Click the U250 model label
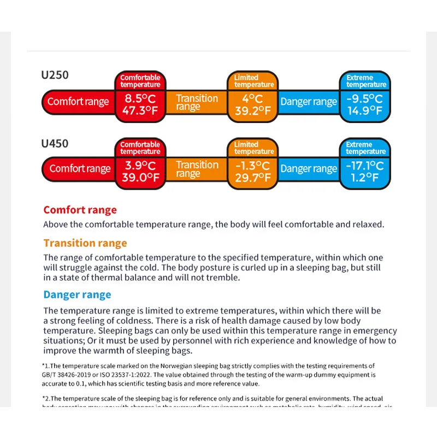click(x=55, y=75)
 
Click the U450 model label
click(x=55, y=144)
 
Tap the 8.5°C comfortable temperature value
click(x=140, y=99)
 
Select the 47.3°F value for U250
click(x=140, y=111)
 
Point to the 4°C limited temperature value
click(x=252, y=99)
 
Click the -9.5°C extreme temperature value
click(x=364, y=99)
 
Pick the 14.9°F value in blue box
click(x=364, y=111)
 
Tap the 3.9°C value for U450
click(x=140, y=166)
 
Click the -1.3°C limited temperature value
click(x=252, y=166)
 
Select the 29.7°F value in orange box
click(x=252, y=178)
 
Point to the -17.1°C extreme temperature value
click(x=364, y=166)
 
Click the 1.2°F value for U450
click(x=364, y=178)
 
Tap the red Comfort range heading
click(x=80, y=210)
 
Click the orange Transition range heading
click(x=85, y=243)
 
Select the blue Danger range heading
click(x=77, y=295)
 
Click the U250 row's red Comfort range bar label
click(x=78, y=102)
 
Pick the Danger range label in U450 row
click(x=309, y=169)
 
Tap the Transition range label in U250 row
click(x=197, y=102)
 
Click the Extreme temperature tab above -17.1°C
click(x=365, y=148)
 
